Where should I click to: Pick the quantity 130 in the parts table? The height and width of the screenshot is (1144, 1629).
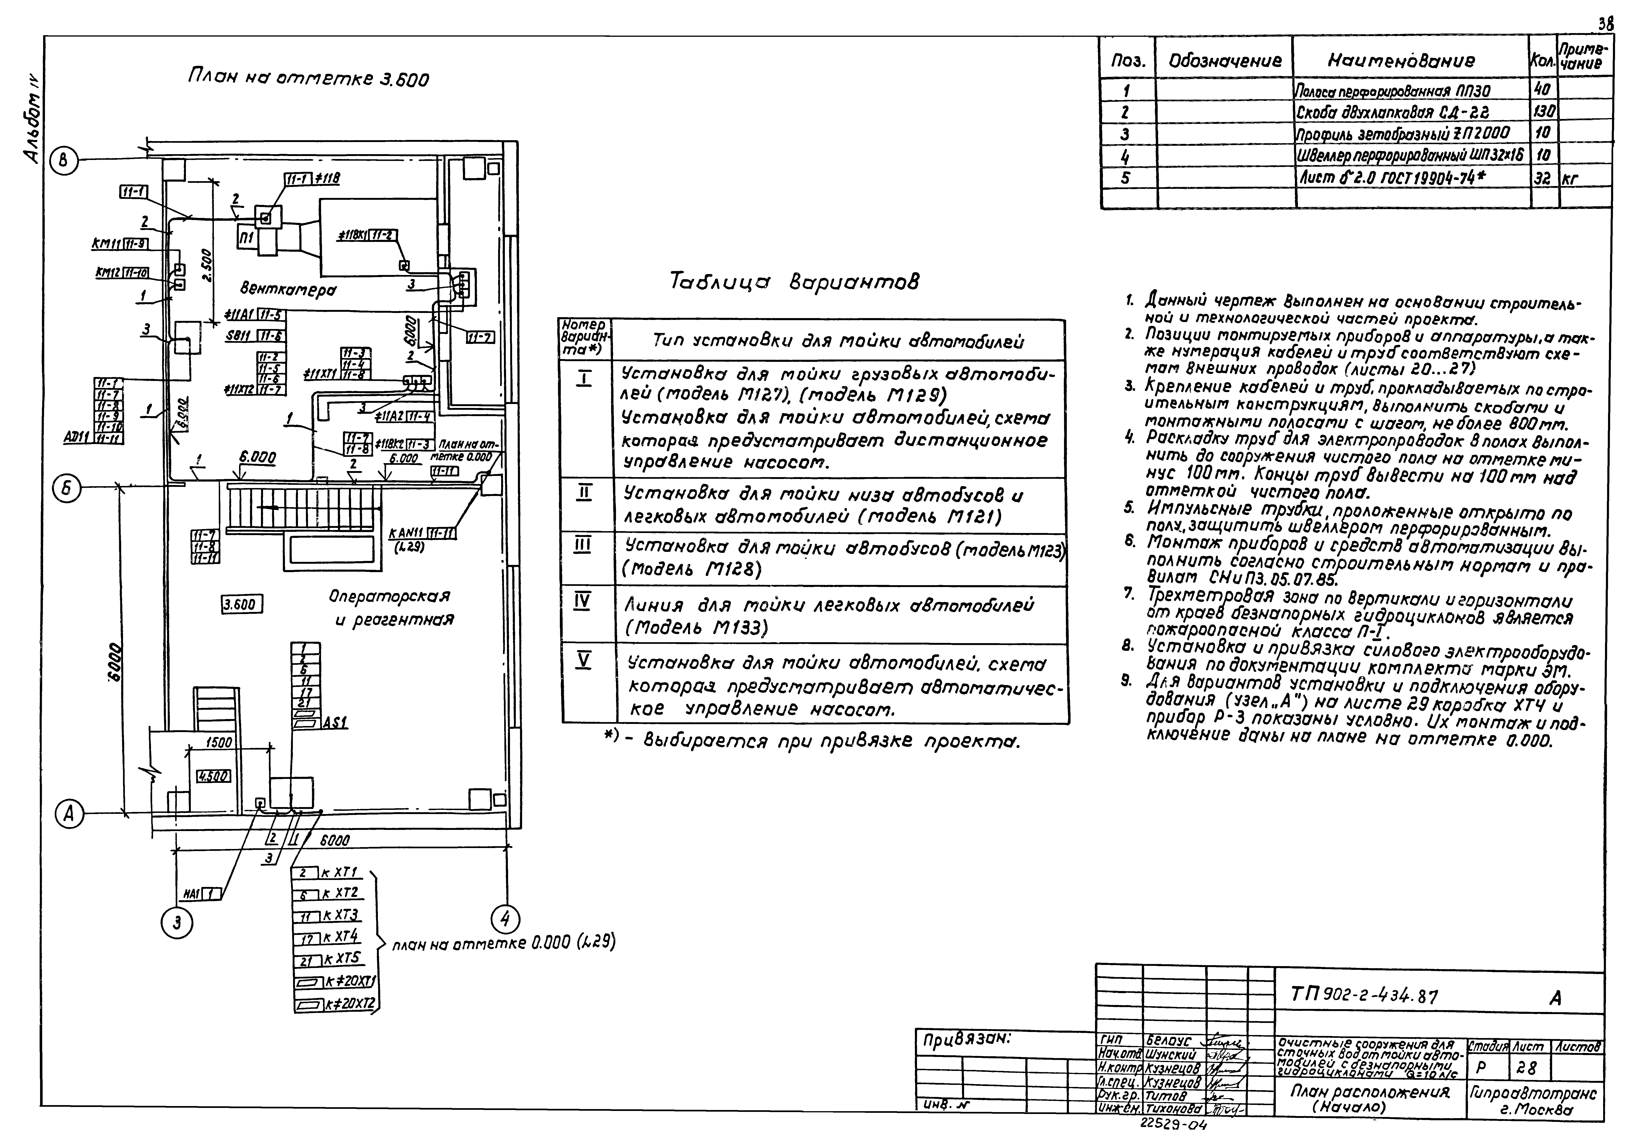[1544, 111]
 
